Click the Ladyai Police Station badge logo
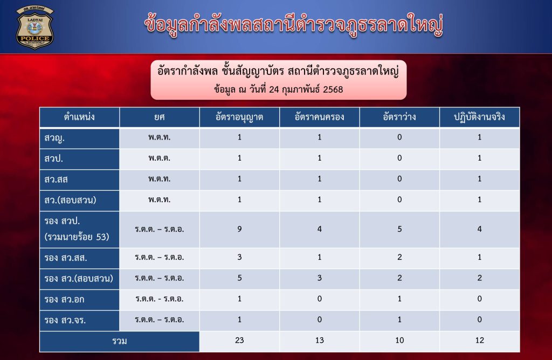pos(34,27)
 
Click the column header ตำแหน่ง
pos(79,117)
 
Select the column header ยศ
pos(159,117)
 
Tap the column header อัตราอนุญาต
pos(239,117)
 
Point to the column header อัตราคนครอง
pos(319,117)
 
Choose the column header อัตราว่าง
pos(399,117)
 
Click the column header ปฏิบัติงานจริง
pos(479,117)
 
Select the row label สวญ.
pos(54,138)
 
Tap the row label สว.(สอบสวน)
pos(70,200)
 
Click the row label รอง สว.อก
pos(64,300)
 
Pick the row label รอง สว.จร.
pos(65,320)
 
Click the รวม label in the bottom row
pos(119,341)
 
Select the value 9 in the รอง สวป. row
pos(239,229)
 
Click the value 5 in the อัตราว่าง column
pos(399,229)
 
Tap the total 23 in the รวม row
pos(239,340)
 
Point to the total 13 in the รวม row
pos(319,340)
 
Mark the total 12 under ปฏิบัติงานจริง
pos(479,340)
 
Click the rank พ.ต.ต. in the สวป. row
pos(159,158)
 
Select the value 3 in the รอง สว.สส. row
pos(239,257)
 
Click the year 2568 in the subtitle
pos(333,89)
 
